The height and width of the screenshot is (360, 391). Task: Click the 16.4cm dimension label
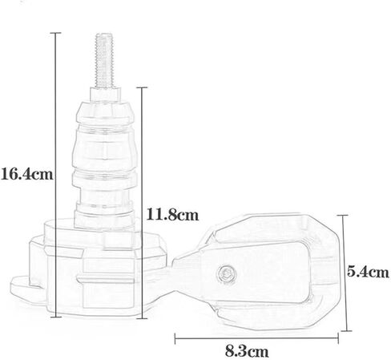tap(27, 174)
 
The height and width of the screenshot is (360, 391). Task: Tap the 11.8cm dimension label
tap(172, 215)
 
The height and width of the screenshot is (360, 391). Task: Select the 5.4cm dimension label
tap(368, 272)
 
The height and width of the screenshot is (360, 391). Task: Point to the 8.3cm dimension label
tap(247, 351)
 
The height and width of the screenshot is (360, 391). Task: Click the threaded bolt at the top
tap(104, 61)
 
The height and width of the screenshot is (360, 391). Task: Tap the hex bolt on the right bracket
tap(227, 273)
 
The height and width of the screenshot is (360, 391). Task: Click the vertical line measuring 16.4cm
tap(55, 175)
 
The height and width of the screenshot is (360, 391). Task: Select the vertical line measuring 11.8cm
tap(143, 203)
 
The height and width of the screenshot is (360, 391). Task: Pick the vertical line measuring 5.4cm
tap(345, 273)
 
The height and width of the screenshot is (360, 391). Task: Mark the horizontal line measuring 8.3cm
tap(256, 338)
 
